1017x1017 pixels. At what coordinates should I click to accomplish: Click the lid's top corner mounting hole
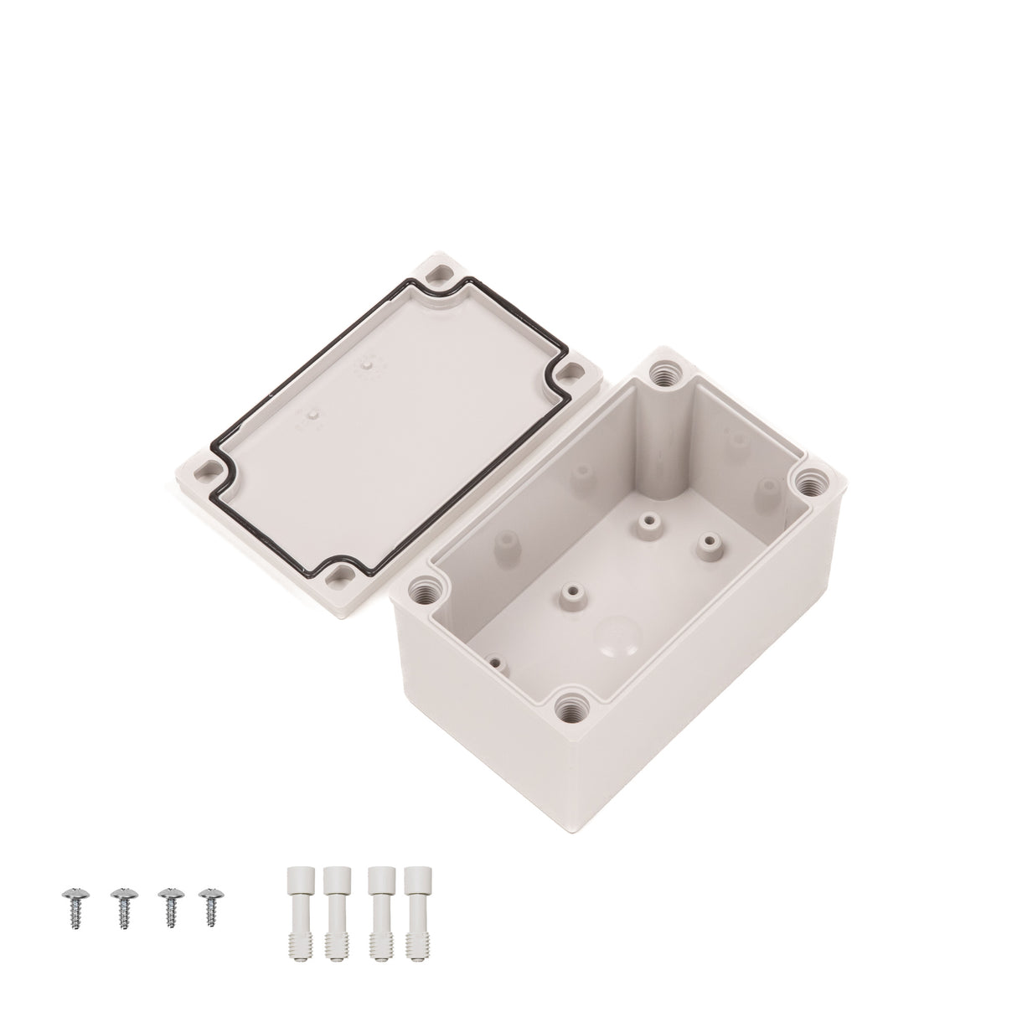point(439,274)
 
